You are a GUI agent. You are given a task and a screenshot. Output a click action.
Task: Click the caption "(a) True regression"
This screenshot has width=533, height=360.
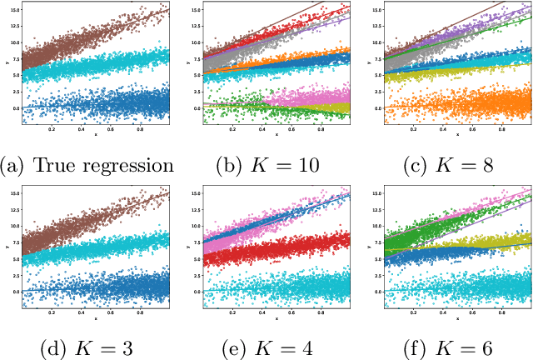87,164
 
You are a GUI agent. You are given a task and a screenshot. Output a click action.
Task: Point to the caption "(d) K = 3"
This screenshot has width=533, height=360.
87,346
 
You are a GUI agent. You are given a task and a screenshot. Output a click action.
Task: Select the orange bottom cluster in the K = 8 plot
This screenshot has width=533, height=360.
450,104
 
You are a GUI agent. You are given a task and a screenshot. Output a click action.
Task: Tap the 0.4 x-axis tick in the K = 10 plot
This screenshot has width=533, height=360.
262,128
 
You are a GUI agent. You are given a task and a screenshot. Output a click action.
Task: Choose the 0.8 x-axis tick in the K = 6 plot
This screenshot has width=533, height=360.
501,312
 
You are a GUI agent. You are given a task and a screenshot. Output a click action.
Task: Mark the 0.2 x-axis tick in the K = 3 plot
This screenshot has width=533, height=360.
52,312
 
